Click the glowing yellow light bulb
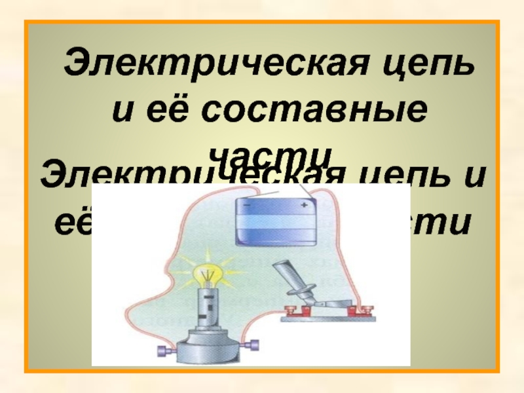pos(206,269)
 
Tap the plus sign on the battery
pos(304,205)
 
